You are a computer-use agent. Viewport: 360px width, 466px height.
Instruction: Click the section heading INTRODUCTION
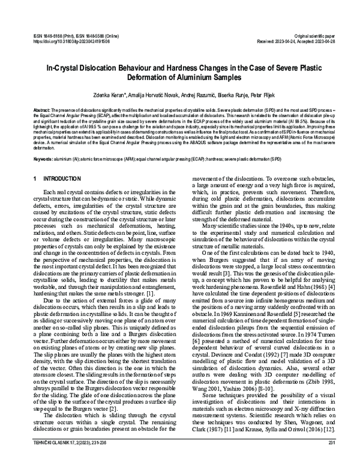coord(56,179)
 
